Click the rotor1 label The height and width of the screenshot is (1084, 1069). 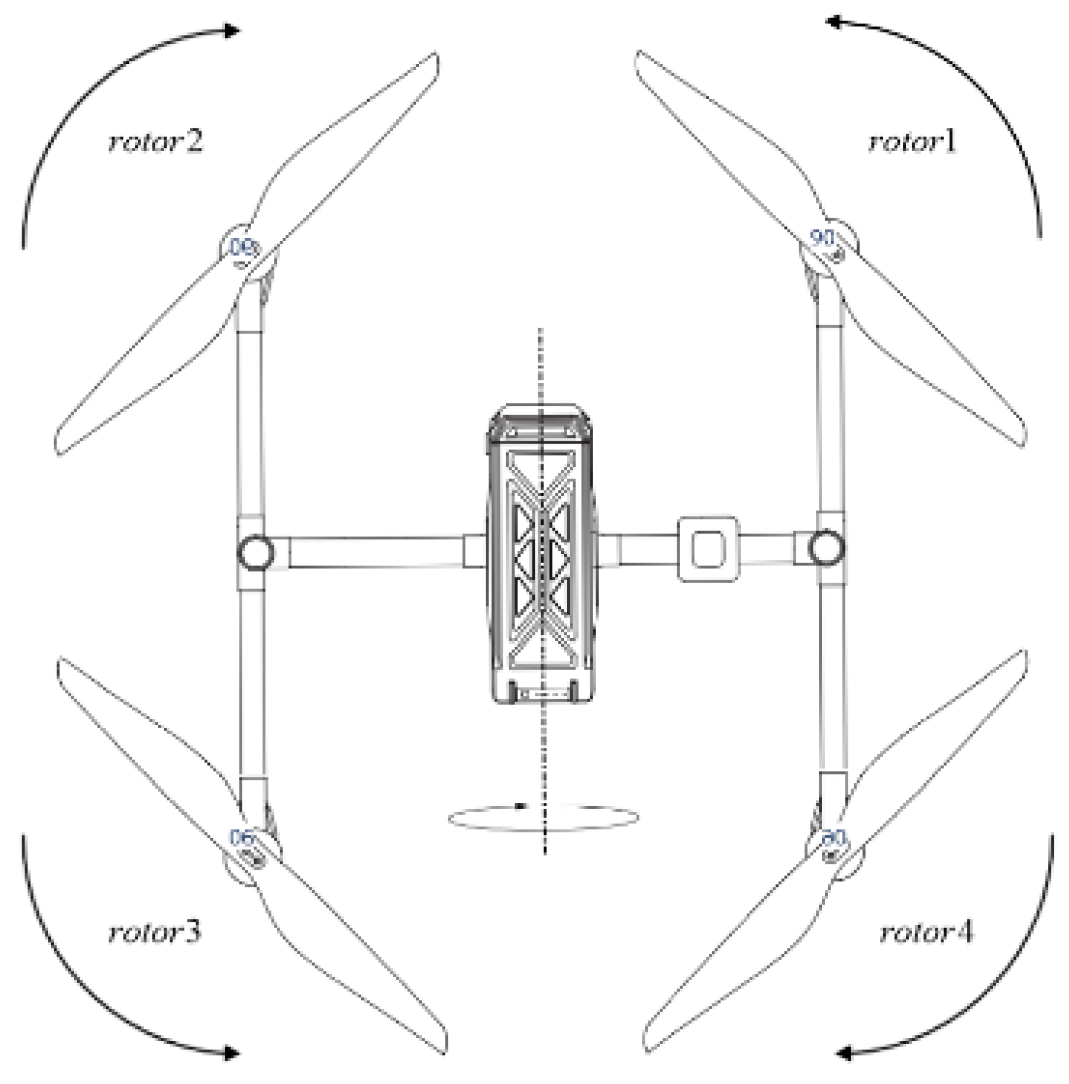pos(913,142)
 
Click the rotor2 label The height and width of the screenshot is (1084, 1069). pos(155,142)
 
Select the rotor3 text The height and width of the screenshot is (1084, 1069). pos(155,932)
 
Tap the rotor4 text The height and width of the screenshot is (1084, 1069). pos(926,933)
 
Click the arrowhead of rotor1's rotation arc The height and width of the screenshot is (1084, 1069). pos(834,22)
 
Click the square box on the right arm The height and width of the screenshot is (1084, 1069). pos(708,549)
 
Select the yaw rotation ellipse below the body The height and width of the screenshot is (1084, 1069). pos(543,817)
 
